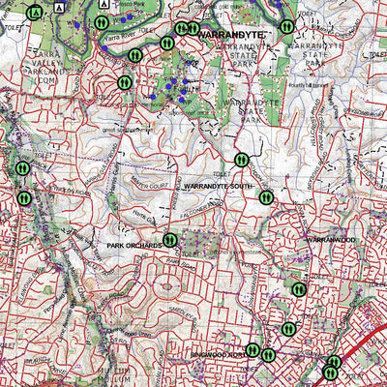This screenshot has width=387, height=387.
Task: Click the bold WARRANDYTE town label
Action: tap(237, 34)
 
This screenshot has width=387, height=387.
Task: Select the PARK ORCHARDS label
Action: tap(134, 247)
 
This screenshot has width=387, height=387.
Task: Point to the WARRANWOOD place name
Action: tap(332, 238)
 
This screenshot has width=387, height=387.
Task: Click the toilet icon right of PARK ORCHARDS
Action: tap(170, 240)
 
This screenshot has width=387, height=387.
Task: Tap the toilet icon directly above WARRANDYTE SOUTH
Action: tap(241, 160)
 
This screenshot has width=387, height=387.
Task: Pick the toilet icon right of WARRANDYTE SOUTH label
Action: tap(265, 196)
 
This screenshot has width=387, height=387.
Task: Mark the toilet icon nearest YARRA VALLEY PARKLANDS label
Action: tap(124, 83)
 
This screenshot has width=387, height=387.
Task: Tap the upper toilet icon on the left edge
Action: tap(22, 168)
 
